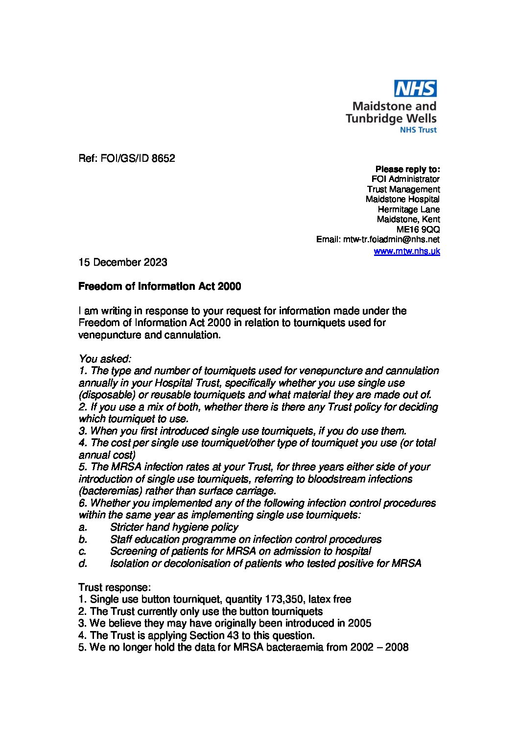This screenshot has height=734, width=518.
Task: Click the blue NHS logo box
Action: (x=416, y=88)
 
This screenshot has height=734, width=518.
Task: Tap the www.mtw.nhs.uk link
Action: (x=407, y=251)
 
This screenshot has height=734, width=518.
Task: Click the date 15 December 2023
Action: (x=123, y=262)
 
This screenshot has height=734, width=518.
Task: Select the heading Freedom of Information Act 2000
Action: (x=160, y=286)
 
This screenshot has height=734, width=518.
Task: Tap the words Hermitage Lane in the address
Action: (x=409, y=209)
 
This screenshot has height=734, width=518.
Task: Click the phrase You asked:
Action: (x=105, y=359)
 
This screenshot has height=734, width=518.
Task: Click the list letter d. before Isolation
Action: (x=83, y=563)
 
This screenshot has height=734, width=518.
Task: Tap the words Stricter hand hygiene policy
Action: (x=174, y=527)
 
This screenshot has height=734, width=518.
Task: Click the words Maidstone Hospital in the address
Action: (x=402, y=199)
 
